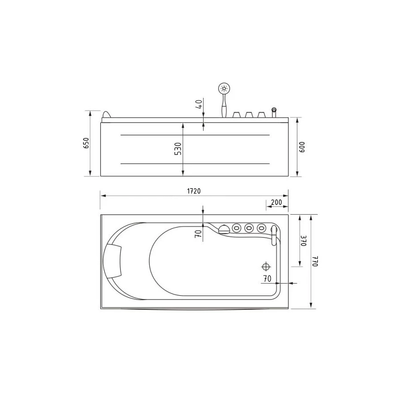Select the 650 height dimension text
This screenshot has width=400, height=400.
tap(87, 143)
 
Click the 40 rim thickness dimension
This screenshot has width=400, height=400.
tap(200, 104)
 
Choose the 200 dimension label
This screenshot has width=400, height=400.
tap(276, 202)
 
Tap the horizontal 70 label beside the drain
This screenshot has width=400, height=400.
tap(267, 279)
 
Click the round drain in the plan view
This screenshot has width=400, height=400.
tap(266, 267)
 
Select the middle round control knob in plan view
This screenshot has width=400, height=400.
tap(249, 228)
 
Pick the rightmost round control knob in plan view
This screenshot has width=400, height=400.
tap(262, 228)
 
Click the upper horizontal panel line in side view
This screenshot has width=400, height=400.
tap(195, 134)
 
